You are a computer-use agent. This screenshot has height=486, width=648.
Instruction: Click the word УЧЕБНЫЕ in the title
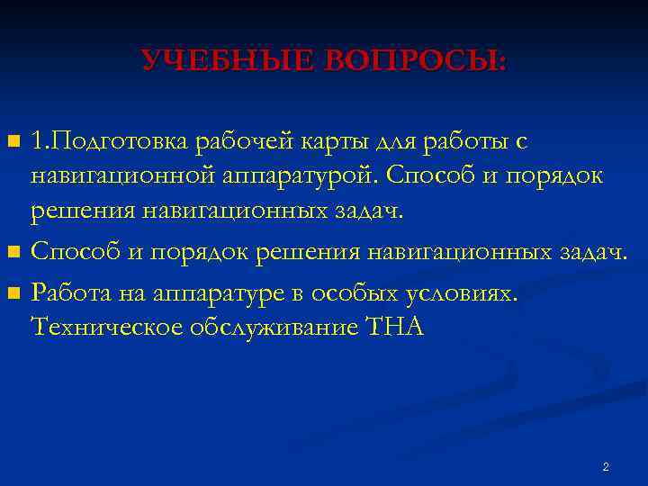click(221, 61)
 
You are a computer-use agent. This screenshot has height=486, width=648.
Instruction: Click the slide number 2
click(605, 467)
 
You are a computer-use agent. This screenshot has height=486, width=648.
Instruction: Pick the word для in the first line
click(397, 142)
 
